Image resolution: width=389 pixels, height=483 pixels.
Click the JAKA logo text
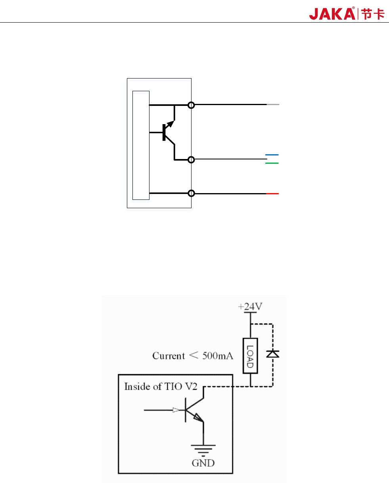click(332, 14)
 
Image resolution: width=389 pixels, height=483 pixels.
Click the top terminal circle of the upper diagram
click(191, 105)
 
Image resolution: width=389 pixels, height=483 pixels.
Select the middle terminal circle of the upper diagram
click(191, 159)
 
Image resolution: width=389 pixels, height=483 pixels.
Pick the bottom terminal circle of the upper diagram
click(191, 194)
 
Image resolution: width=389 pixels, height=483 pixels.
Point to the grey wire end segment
click(273, 105)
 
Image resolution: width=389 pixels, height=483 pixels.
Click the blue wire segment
click(272, 155)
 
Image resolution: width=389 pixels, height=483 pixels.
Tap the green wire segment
click(272, 163)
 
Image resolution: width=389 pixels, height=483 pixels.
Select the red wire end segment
click(272, 194)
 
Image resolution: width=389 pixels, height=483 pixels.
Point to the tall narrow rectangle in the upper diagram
click(141, 145)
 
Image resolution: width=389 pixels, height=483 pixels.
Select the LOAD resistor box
click(250, 356)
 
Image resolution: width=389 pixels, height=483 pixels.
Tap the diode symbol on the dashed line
click(272, 354)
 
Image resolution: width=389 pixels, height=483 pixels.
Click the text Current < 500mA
click(193, 356)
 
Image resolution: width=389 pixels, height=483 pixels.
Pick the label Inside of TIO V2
click(161, 387)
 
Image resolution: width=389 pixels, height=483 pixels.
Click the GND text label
click(203, 463)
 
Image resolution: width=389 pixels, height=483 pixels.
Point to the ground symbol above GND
click(203, 449)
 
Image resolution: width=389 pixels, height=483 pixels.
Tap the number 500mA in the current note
click(218, 356)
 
